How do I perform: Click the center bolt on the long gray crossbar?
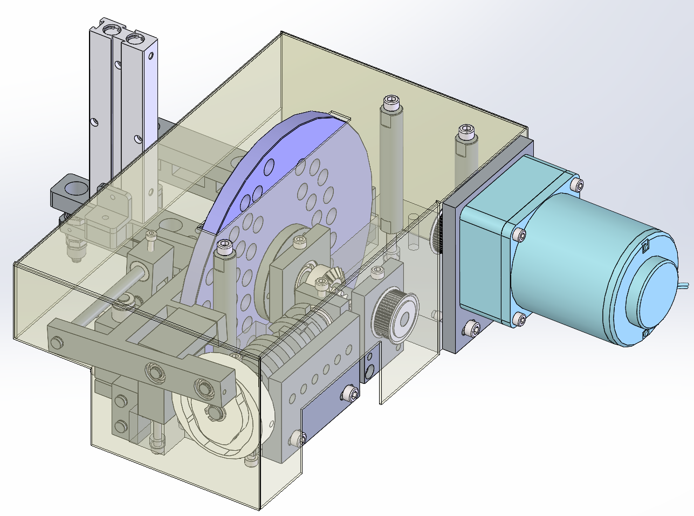click(152, 371)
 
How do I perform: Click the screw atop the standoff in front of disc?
click(224, 249)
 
